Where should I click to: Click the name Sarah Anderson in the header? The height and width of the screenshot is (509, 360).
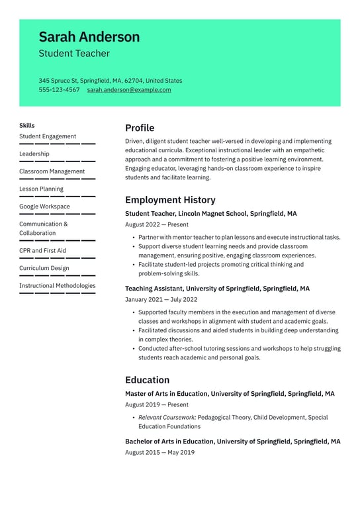coord(89,36)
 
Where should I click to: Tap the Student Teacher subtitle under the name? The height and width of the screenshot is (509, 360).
coord(74,54)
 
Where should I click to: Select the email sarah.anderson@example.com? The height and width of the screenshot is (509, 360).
coord(129,90)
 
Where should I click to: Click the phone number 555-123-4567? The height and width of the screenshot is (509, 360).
coord(59,90)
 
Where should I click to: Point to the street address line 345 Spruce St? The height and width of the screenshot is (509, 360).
coord(110,81)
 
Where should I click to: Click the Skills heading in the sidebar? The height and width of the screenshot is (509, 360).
coord(27,125)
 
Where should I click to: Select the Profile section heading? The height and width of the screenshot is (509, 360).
coord(140,128)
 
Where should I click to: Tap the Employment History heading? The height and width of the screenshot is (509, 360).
coord(170,200)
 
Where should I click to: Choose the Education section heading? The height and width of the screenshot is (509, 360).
coord(147,380)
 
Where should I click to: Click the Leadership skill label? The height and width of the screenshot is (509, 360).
coord(34,154)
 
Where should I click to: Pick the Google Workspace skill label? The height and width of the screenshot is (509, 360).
coord(44,207)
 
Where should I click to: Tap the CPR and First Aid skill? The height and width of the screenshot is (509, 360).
coord(42,251)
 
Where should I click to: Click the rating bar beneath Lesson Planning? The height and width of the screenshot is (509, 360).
coord(57,196)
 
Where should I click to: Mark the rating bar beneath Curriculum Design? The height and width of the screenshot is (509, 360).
coord(57,275)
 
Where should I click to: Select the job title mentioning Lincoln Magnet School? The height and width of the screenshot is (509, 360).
coord(210,214)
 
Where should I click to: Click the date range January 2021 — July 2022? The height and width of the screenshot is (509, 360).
coord(161,299)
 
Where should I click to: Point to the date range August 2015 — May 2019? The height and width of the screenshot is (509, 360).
coord(159,452)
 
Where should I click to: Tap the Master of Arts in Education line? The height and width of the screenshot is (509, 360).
coord(230,394)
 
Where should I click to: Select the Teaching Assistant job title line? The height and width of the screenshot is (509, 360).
coord(217,289)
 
